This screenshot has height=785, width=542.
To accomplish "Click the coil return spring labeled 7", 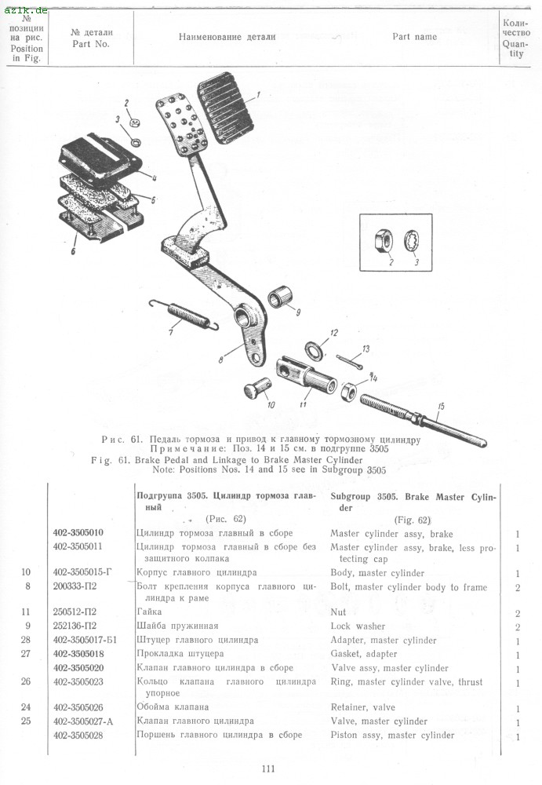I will coord(189,312).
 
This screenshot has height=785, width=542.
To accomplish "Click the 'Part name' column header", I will coord(414,37).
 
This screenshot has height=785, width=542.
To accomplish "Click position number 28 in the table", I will coord(26,640).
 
